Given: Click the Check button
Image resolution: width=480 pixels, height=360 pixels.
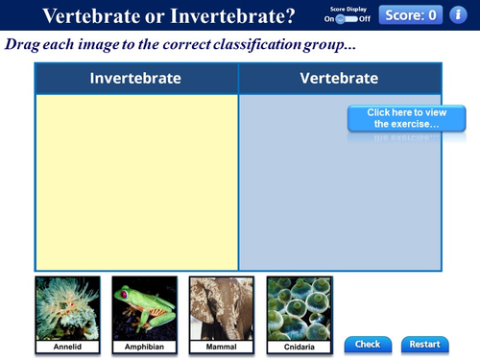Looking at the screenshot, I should (x=368, y=344).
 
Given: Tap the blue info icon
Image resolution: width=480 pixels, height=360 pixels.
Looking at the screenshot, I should (x=458, y=14).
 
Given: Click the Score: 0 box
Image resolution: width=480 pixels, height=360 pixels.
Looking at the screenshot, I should (x=411, y=14).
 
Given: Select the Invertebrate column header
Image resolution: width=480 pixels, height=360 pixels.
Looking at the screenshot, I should (x=135, y=79).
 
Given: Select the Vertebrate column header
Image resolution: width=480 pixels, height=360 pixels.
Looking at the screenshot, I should (x=339, y=79).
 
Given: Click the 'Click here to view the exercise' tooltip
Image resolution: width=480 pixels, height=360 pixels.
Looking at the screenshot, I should (x=394, y=118).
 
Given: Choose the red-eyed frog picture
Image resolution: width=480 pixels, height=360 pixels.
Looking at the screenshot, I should (x=144, y=307).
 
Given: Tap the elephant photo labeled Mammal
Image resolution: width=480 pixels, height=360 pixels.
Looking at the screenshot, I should (x=222, y=307).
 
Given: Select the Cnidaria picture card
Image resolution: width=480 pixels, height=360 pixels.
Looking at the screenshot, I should (x=299, y=307).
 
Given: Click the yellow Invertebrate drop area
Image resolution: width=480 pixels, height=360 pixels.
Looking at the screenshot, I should (x=135, y=182).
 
